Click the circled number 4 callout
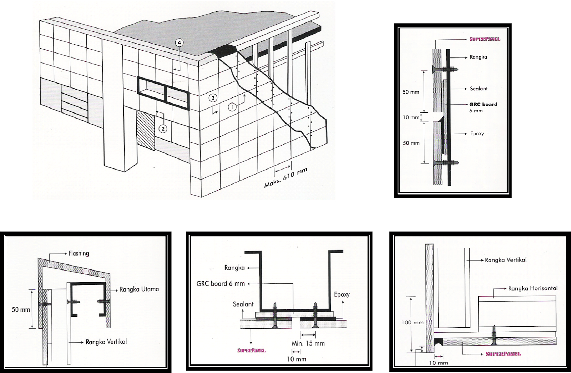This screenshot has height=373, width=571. [x=180, y=43]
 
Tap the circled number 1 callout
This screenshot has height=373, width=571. [x=232, y=106]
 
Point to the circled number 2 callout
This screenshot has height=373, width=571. [x=163, y=128]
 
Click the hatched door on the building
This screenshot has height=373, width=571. [x=146, y=130]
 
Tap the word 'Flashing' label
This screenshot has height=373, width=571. [x=79, y=253]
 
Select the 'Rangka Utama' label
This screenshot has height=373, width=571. [x=139, y=289]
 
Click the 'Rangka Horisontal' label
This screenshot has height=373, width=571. [x=532, y=288]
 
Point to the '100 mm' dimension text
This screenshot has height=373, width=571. [x=412, y=323]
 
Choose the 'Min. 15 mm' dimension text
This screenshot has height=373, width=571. [x=308, y=343]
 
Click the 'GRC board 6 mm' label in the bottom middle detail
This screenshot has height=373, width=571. [x=221, y=284]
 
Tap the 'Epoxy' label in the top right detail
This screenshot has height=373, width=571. [x=477, y=134]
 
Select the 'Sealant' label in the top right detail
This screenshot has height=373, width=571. [x=479, y=89]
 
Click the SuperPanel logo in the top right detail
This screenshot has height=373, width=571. [x=485, y=39]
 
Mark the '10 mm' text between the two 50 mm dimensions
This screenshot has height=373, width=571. [x=411, y=117]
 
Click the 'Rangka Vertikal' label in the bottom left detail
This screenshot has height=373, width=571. [x=106, y=342]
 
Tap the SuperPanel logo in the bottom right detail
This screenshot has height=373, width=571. [x=503, y=354]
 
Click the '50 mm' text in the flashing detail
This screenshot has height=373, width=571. [x=21, y=309]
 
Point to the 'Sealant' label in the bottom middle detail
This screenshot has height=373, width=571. [x=243, y=304]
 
